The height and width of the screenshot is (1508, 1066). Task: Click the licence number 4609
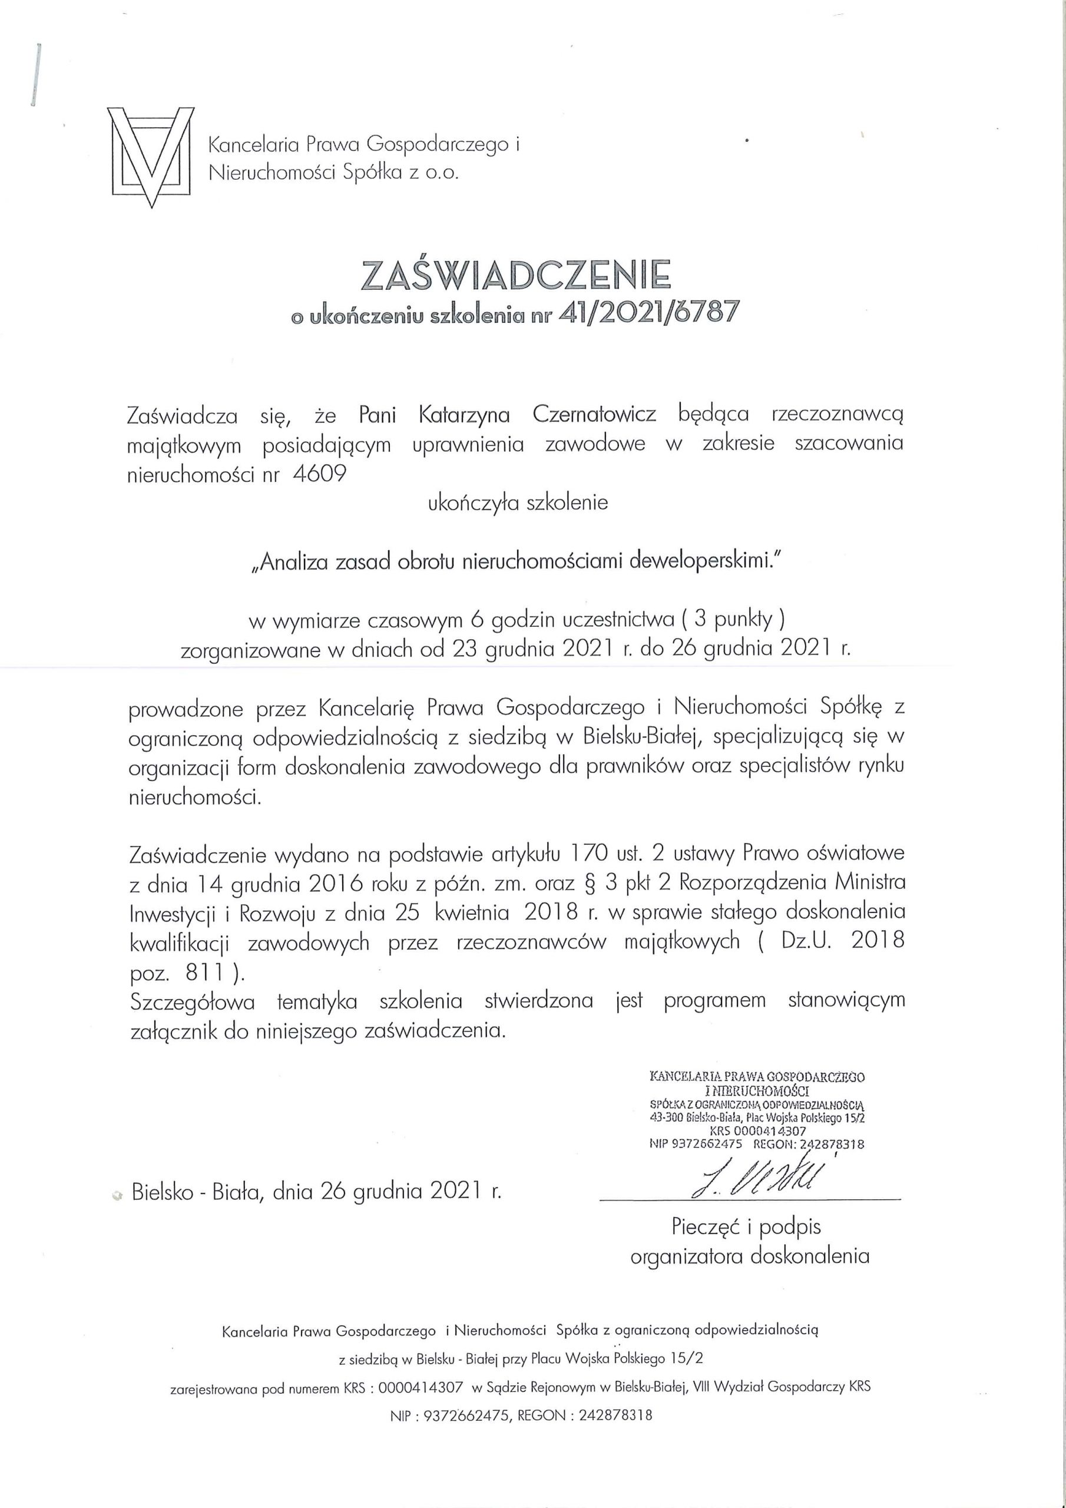tap(320, 474)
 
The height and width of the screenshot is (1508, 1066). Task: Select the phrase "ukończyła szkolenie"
tap(518, 503)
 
